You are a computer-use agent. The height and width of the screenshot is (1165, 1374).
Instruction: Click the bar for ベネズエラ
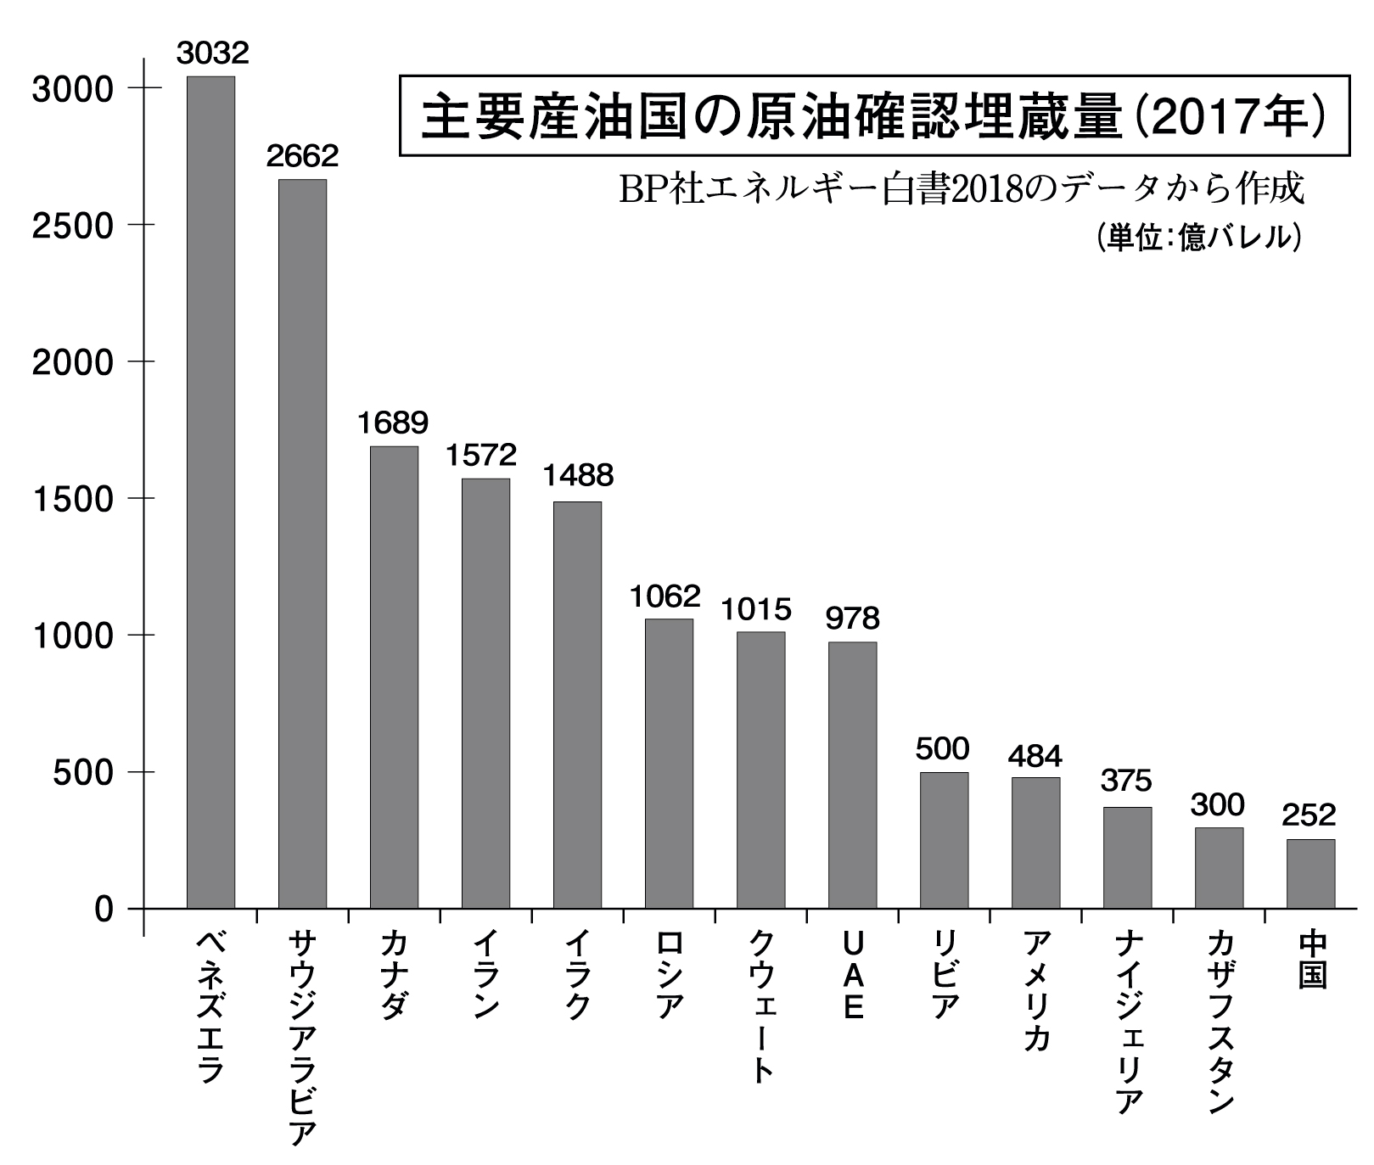click(210, 492)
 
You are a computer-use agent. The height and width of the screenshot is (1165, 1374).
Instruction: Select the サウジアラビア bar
click(302, 543)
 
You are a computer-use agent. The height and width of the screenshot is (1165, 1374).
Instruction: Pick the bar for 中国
click(1310, 873)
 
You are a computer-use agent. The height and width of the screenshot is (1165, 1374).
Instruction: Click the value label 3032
click(212, 53)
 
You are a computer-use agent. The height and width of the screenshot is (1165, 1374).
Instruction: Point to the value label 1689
click(393, 423)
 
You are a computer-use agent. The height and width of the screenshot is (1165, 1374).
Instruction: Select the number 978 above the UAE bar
click(852, 619)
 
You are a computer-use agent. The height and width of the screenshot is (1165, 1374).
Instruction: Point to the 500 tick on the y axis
click(83, 773)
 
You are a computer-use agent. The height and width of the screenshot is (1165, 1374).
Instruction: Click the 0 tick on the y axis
click(104, 910)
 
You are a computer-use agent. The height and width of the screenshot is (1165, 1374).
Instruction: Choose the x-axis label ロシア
click(670, 975)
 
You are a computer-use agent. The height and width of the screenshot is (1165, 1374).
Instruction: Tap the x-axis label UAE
click(853, 976)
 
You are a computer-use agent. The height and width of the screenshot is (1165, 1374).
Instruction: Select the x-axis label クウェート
click(761, 1006)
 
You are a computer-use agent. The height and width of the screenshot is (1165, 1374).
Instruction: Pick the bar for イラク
click(577, 704)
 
